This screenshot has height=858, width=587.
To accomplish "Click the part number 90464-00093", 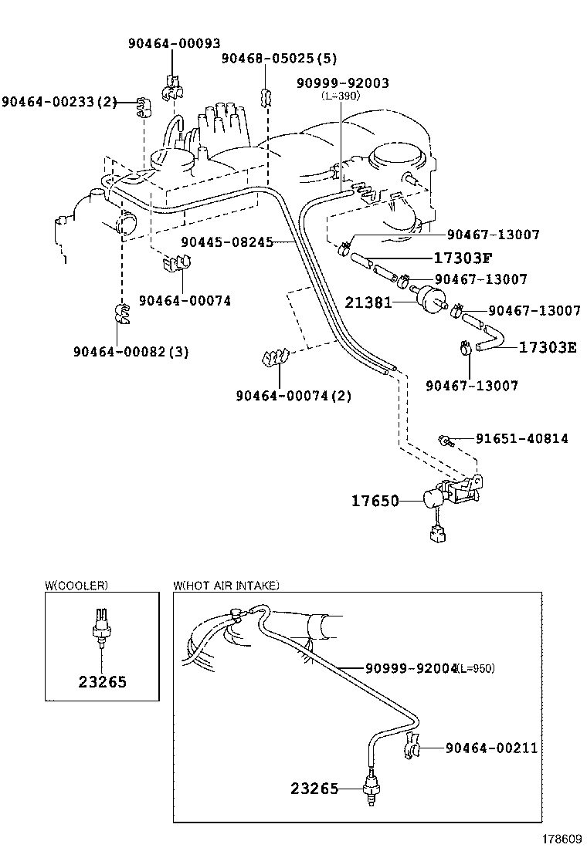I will [x=174, y=44].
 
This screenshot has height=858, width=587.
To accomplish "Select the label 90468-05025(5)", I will [x=279, y=59].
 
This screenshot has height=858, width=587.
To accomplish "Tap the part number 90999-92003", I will [x=342, y=83].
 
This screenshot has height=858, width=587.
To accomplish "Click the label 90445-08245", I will [x=227, y=242].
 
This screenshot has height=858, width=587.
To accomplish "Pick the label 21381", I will [x=368, y=304].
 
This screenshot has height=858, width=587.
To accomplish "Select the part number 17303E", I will [x=547, y=347].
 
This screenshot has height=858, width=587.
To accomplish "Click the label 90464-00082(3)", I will [x=131, y=351].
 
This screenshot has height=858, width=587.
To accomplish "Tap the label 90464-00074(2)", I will [x=293, y=396].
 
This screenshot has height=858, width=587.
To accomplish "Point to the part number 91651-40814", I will [x=521, y=438].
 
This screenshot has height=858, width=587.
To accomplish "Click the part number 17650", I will [x=375, y=501].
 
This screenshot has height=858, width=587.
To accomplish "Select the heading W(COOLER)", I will [x=76, y=586].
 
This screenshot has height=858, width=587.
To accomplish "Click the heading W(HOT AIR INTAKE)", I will [x=226, y=586].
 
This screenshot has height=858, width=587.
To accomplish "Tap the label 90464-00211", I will [x=490, y=748].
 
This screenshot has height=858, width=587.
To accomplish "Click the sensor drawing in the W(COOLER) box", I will [x=100, y=624].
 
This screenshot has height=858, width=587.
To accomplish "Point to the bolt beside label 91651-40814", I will [x=445, y=440].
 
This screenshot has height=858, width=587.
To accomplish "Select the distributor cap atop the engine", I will [x=222, y=124].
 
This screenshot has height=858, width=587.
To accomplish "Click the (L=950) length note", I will [x=475, y=667].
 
